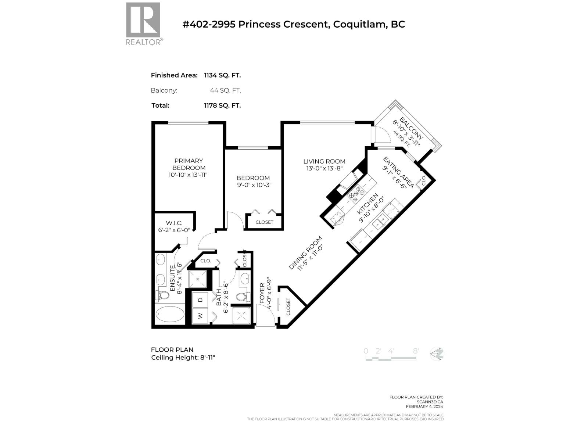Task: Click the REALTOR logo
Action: (143, 23)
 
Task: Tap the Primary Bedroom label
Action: (188, 164)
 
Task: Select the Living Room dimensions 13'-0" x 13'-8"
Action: (324, 169)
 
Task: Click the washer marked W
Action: (200, 316)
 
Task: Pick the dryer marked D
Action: (200, 300)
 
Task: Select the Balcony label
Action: (411, 128)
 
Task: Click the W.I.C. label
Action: (174, 223)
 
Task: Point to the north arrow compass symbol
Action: (437, 354)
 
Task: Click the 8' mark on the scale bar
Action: (416, 351)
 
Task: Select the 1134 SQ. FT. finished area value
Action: (222, 75)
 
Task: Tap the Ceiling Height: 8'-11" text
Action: (183, 358)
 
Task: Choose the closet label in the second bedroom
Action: (264, 222)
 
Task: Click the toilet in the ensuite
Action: (163, 295)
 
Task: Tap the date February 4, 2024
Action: (424, 406)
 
